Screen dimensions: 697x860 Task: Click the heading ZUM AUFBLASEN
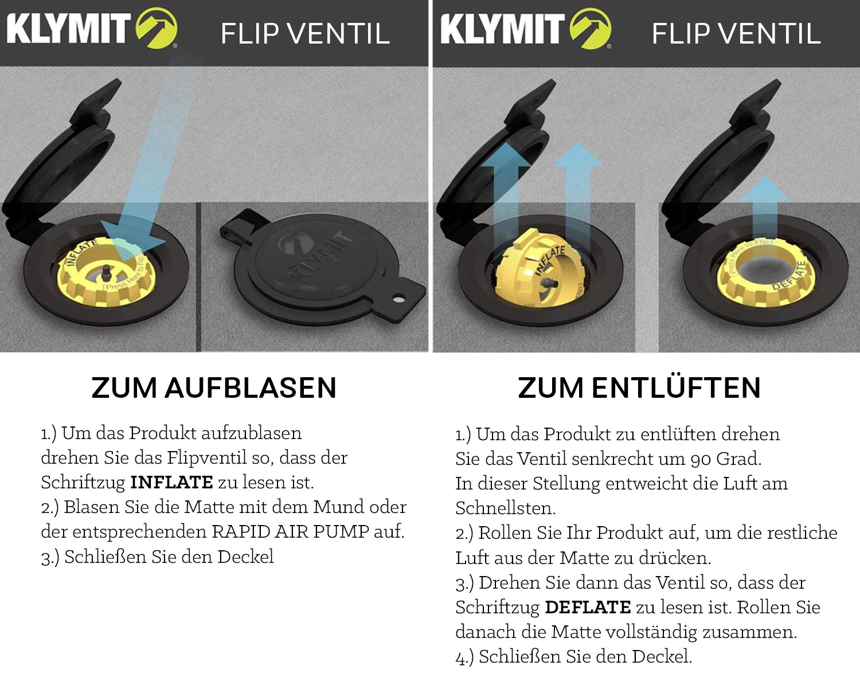(x=214, y=388)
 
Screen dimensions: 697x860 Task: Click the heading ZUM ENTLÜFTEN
(x=639, y=388)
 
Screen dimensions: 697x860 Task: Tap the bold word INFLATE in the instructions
(x=171, y=482)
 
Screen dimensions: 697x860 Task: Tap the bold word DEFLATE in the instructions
(x=588, y=607)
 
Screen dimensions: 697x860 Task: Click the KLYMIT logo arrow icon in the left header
(x=156, y=28)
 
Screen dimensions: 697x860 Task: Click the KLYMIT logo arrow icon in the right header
(x=590, y=28)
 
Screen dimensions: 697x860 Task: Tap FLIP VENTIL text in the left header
(x=305, y=33)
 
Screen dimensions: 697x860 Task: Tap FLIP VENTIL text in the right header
(x=736, y=33)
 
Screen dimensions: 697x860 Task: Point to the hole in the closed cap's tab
(x=399, y=298)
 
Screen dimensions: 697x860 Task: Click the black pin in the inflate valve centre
(x=107, y=271)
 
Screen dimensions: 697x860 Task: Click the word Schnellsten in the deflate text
(x=505, y=508)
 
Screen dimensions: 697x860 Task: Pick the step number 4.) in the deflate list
(x=464, y=657)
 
